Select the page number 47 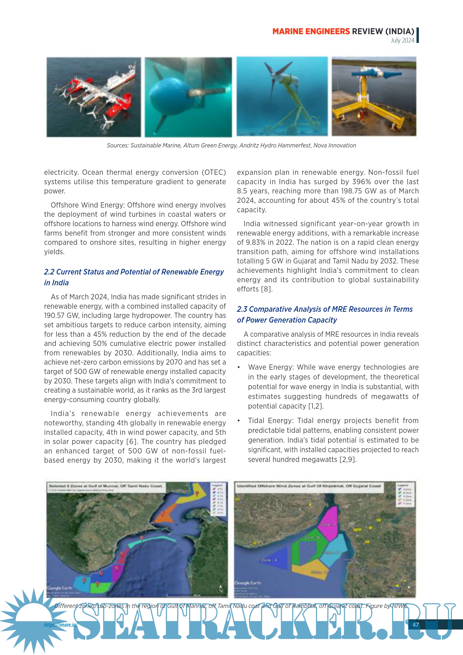pos(416,625)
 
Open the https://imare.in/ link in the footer pos(60,625)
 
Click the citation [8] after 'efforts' pos(267,289)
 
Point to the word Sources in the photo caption pos(117,145)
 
